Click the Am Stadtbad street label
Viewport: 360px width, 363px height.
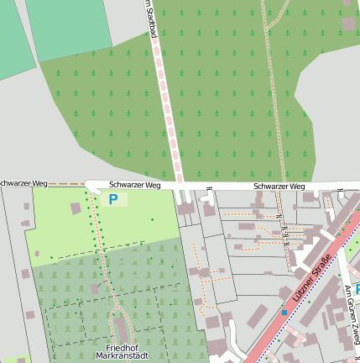coord(152,18)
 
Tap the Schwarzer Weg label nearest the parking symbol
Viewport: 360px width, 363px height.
coord(135,184)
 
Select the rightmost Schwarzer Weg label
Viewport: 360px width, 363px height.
coord(279,186)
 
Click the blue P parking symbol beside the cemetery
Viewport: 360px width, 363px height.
coord(113,199)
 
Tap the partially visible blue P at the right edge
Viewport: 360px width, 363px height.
coord(357,289)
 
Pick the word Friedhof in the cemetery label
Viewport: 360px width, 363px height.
coord(122,347)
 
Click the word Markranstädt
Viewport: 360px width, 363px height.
coord(123,357)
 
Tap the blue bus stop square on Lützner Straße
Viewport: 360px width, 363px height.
coord(284,313)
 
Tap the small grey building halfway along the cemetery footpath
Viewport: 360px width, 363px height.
coord(95,288)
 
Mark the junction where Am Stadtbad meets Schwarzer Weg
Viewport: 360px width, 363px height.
coord(179,184)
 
